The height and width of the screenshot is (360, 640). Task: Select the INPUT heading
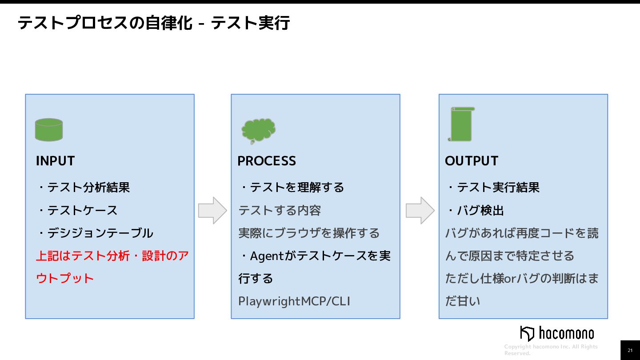coord(55,161)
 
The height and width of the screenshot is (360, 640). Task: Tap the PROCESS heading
coord(267,161)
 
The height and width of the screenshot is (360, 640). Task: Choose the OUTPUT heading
coord(472,161)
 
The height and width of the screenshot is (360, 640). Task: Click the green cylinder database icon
coord(49,130)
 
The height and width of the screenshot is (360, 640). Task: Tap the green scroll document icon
coord(461,124)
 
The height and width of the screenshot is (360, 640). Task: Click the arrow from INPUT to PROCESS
coord(212,210)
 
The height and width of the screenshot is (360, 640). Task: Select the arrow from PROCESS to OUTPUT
coord(420,210)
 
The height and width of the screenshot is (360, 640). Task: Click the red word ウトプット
coord(65,279)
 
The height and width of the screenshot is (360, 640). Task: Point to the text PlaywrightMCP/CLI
coord(294,301)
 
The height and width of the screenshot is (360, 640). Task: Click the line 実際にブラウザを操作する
coord(309,233)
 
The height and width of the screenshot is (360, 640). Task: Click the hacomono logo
coord(557,333)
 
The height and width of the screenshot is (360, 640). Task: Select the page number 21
coord(630,351)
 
